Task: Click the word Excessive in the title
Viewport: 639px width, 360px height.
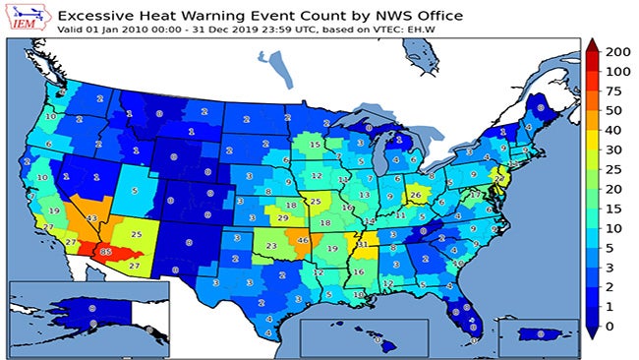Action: pos(101,15)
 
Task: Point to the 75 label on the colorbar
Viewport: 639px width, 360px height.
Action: pos(617,91)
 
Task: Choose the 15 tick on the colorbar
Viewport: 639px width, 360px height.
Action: pos(617,209)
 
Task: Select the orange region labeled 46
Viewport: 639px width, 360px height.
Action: pos(303,240)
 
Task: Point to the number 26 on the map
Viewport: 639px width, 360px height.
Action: pos(415,195)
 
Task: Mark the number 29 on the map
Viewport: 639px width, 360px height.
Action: pos(282,217)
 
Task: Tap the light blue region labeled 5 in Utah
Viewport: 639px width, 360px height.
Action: pos(135,190)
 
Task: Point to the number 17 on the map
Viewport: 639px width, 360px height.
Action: pos(475,195)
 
